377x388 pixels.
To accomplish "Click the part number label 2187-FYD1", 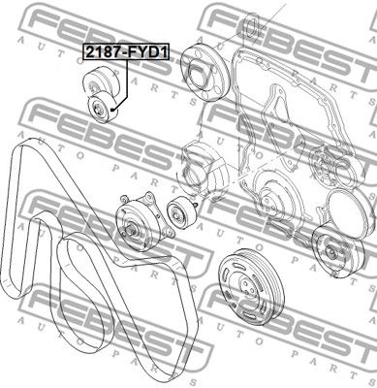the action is click(x=126, y=51).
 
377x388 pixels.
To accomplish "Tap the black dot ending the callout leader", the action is click(x=111, y=110).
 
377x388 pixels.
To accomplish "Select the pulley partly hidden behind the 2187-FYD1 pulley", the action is click(x=102, y=81).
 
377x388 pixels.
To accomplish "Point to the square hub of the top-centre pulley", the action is click(x=198, y=75).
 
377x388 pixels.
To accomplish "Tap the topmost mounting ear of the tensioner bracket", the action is click(x=149, y=195).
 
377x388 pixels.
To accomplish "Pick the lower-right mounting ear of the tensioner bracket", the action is click(x=170, y=232).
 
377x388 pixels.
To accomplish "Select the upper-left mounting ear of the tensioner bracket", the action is click(x=124, y=198).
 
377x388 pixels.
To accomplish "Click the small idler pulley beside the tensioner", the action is click(x=179, y=214).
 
